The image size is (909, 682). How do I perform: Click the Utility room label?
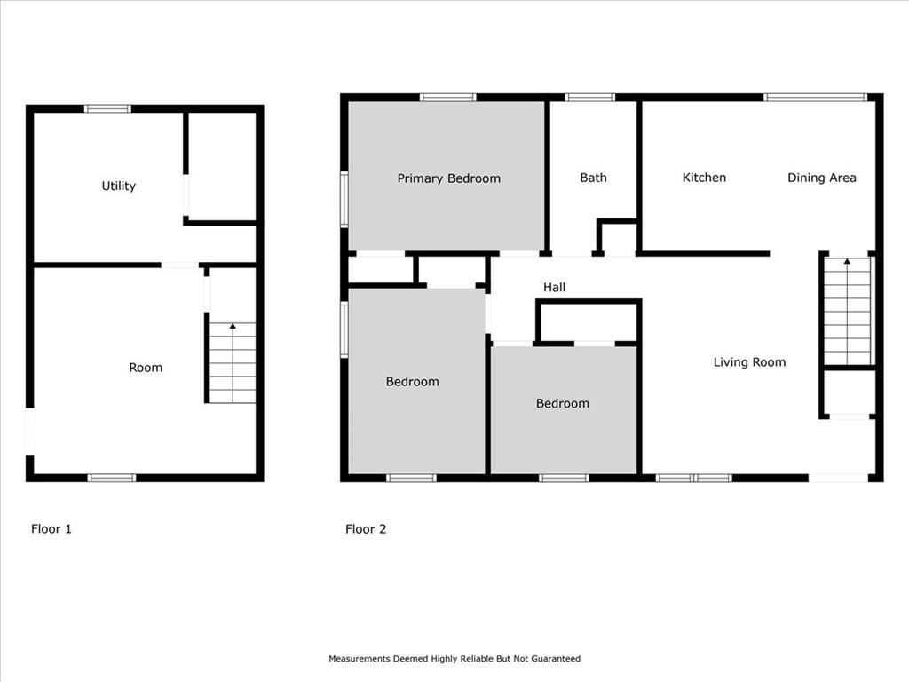click(118, 186)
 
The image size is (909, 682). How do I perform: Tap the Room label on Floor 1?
click(146, 368)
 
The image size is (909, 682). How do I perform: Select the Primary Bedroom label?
click(448, 178)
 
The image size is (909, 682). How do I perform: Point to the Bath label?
click(593, 178)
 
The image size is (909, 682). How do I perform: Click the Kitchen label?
click(704, 178)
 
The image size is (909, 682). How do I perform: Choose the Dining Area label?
click(821, 178)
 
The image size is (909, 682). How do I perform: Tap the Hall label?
click(554, 287)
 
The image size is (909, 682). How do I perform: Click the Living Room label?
click(749, 362)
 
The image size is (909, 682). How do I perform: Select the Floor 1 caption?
click(51, 529)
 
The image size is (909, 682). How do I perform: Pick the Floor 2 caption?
click(366, 529)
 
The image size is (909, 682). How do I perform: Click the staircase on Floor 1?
click(232, 363)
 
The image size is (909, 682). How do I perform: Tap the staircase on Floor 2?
click(847, 312)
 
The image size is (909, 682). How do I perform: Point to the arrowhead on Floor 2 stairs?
click(847, 262)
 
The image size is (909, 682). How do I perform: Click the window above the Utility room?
click(107, 108)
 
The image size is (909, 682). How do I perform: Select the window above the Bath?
click(589, 98)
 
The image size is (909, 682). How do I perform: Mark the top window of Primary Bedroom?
click(448, 98)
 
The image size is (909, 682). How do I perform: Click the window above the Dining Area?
click(815, 98)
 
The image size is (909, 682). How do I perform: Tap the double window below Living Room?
click(694, 478)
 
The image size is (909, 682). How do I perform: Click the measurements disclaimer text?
click(454, 659)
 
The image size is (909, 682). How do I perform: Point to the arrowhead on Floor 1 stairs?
click(233, 327)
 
